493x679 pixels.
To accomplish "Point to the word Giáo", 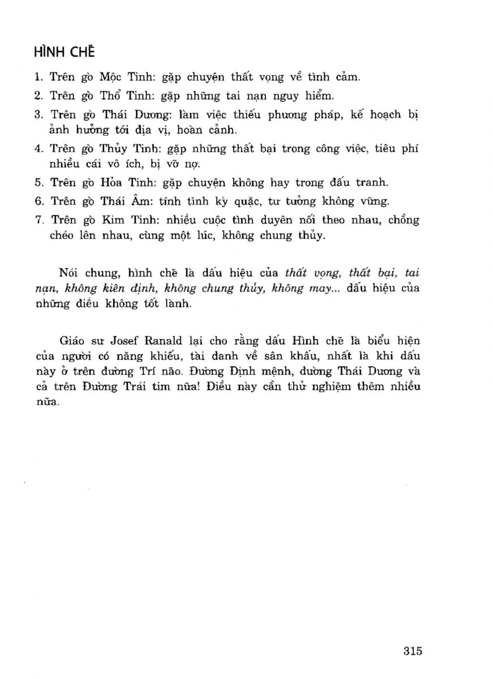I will (x=70, y=342).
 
